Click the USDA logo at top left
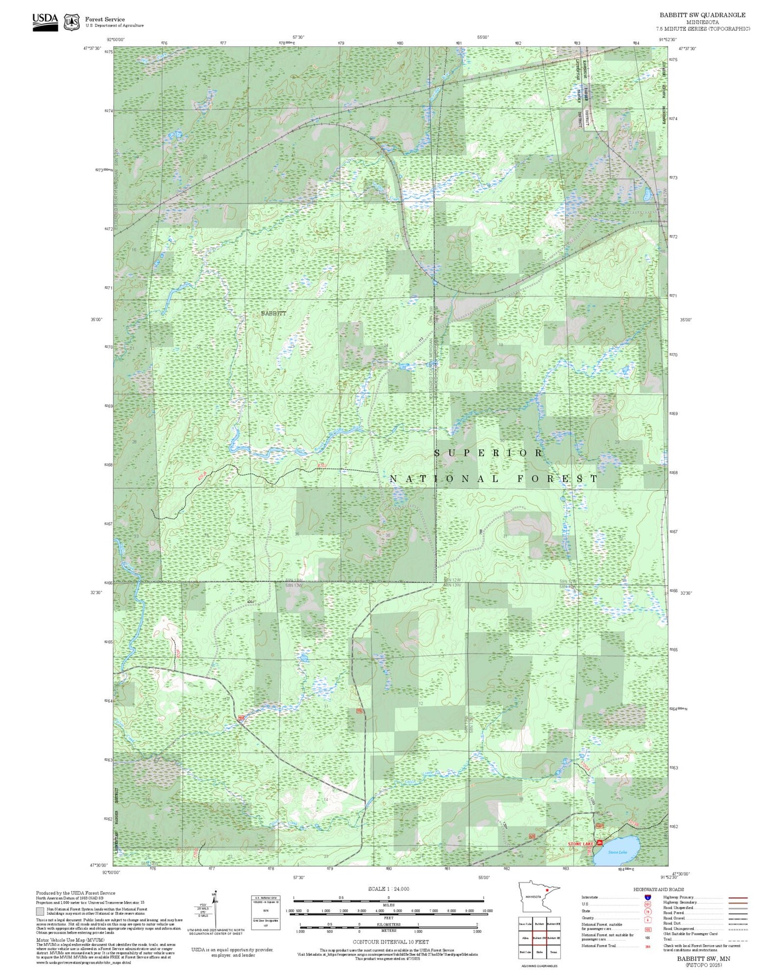pyautogui.click(x=45, y=21)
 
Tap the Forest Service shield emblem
pyautogui.click(x=71, y=22)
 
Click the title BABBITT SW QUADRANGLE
pyautogui.click(x=702, y=15)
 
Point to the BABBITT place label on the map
pyautogui.click(x=273, y=313)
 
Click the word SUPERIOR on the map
pyautogui.click(x=489, y=453)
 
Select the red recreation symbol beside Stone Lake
pyautogui.click(x=600, y=843)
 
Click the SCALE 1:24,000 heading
pyautogui.click(x=389, y=889)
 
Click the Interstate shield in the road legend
pyautogui.click(x=648, y=897)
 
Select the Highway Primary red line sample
pyautogui.click(x=738, y=897)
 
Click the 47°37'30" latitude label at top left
pyautogui.click(x=92, y=48)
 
